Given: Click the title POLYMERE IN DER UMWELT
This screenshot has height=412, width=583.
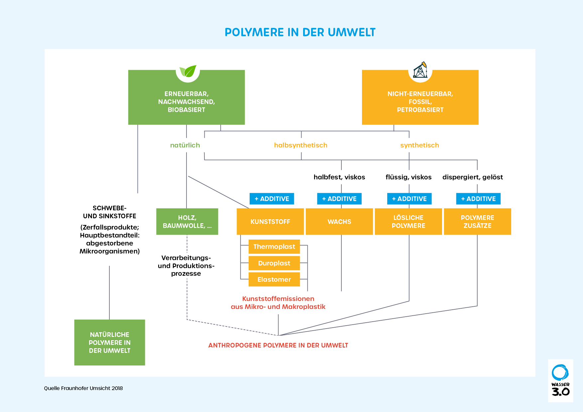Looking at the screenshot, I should (x=300, y=33).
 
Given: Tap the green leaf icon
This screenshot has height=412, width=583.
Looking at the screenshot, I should (x=188, y=71).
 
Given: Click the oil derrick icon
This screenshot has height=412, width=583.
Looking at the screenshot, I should (x=420, y=70).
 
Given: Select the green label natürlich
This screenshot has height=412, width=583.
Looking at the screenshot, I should (x=185, y=145).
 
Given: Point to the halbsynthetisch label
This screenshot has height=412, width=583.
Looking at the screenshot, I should (x=300, y=145).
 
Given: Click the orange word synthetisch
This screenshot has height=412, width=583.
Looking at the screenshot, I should (x=419, y=145).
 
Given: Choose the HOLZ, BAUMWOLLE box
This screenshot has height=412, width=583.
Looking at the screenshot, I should (x=187, y=222).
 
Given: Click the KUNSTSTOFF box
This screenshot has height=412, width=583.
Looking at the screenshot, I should (x=270, y=222).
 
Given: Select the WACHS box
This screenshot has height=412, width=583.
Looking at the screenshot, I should (x=339, y=222).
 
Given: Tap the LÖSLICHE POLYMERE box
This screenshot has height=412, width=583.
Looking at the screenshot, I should (x=408, y=222).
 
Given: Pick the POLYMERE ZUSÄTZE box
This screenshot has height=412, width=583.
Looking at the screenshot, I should (x=478, y=222).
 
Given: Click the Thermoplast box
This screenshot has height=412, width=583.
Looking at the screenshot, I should (x=274, y=247).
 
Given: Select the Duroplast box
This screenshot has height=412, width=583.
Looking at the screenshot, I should (x=274, y=263).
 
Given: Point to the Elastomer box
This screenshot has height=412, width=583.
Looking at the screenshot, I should (x=274, y=279).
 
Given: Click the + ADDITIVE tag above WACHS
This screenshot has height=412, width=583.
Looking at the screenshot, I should (x=339, y=199).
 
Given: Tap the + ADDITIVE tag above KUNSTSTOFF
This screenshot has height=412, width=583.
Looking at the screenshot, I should (x=272, y=199).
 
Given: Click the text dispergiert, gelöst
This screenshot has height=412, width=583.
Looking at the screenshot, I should (x=472, y=177).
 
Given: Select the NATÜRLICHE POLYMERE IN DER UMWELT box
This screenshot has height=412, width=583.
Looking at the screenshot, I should (x=110, y=343).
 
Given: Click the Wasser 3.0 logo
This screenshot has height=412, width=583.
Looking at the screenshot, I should (x=560, y=380).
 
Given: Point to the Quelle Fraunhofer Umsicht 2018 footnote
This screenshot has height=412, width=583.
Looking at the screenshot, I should (x=83, y=388).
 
